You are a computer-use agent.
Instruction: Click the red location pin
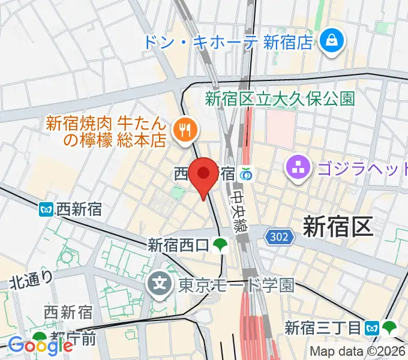[203, 175]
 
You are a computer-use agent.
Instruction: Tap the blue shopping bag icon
[331, 41]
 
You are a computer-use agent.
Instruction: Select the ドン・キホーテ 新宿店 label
[228, 42]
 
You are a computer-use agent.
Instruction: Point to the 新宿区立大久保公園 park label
[280, 98]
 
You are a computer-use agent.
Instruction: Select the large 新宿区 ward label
[338, 227]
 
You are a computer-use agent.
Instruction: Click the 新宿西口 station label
[178, 245]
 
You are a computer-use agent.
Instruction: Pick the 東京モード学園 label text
[236, 284]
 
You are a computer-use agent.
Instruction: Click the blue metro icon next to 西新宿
[46, 209]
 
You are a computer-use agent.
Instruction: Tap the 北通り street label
[32, 279]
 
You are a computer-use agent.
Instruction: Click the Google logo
[41, 346]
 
